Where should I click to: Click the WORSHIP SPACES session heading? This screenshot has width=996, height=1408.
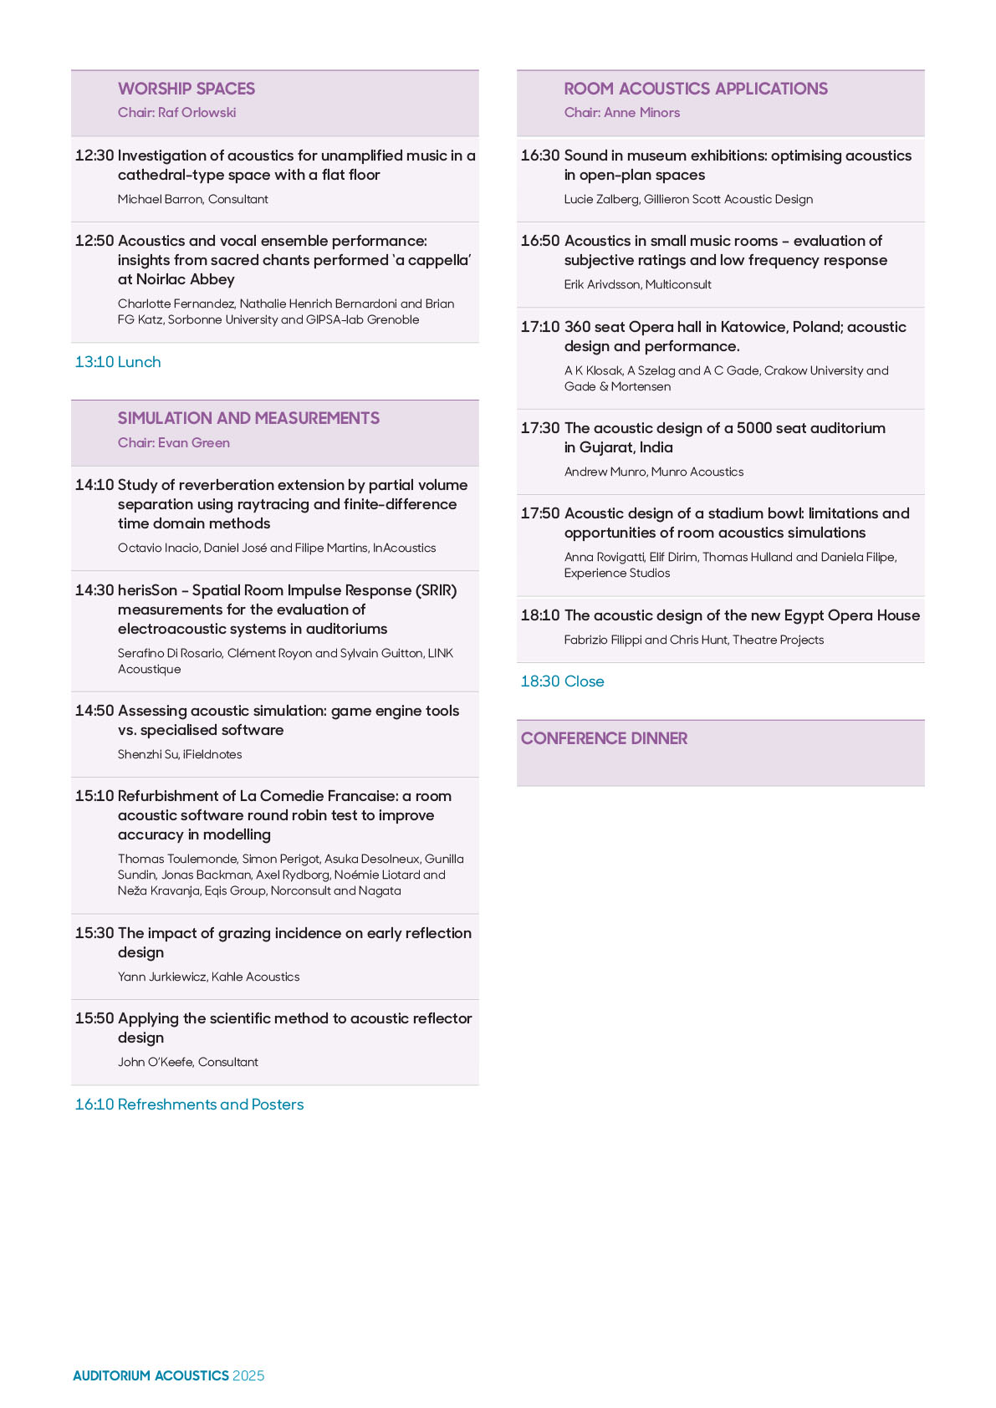click(x=186, y=89)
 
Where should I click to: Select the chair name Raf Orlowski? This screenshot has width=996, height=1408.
click(x=176, y=112)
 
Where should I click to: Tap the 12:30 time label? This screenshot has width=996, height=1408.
click(x=94, y=156)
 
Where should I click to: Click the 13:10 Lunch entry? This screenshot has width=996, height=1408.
click(x=118, y=362)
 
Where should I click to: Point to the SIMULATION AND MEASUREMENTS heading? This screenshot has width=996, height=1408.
click(x=248, y=418)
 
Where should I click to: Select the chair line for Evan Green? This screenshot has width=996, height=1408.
click(x=173, y=442)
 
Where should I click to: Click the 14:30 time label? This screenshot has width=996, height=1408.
click(x=94, y=590)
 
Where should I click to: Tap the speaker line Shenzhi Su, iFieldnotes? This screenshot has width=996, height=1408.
click(x=180, y=754)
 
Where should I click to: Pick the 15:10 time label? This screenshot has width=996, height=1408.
click(x=94, y=796)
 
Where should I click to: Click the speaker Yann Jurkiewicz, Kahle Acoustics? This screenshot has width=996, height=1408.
click(x=208, y=977)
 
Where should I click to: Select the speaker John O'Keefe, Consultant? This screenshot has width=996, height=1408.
click(x=187, y=1062)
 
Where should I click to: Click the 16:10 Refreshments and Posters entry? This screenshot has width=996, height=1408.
click(x=189, y=1104)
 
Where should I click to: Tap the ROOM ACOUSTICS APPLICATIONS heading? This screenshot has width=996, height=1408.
click(x=695, y=89)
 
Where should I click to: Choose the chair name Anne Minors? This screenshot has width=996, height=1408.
click(x=621, y=112)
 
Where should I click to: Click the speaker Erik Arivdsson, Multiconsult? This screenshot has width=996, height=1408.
click(x=637, y=284)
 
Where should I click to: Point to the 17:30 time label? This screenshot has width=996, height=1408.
click(x=539, y=428)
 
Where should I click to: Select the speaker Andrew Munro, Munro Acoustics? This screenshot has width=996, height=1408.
click(x=653, y=472)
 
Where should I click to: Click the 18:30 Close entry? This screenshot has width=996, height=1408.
click(x=562, y=681)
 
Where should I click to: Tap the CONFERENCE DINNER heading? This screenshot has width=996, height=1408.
click(x=604, y=738)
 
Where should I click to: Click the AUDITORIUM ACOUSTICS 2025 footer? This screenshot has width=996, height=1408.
click(x=168, y=1375)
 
